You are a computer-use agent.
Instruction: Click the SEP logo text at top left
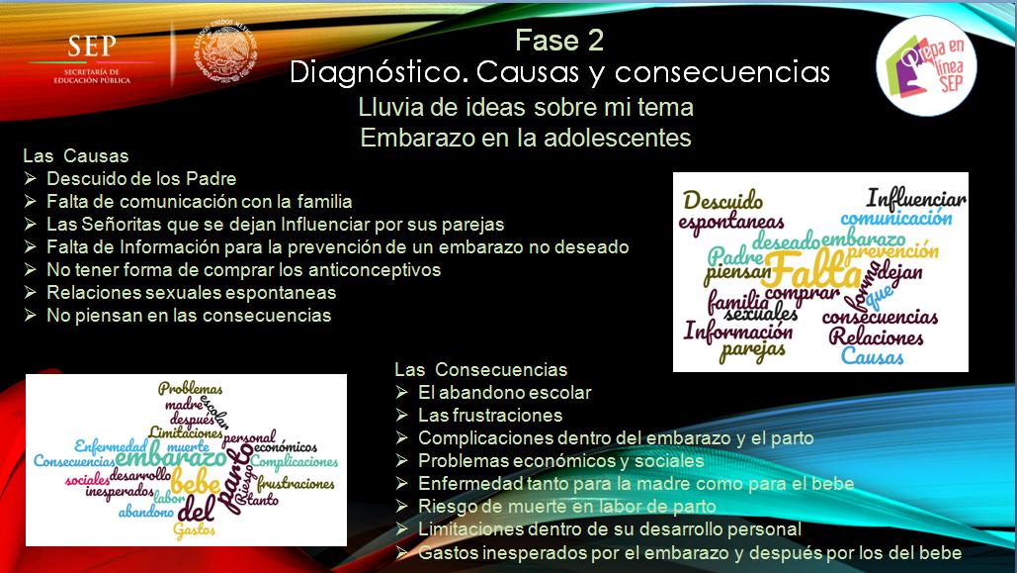tap(92, 46)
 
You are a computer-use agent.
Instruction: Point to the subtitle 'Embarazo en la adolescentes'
tap(525, 137)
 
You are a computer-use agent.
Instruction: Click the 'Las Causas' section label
tap(75, 156)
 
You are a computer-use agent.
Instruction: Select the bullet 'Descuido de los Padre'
tap(141, 179)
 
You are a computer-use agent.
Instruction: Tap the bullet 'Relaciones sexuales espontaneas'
tap(191, 293)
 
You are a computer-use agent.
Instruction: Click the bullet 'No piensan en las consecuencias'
tap(189, 316)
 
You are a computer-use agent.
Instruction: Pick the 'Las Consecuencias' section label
tap(480, 369)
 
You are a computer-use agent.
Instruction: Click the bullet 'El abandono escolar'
tap(504, 392)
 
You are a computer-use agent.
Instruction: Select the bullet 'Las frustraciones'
tap(490, 415)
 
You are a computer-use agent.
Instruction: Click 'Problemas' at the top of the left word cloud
tap(191, 389)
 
